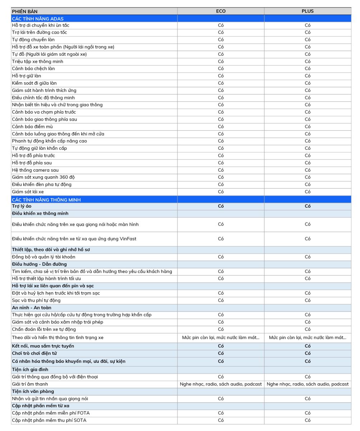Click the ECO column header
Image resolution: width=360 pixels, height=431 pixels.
pos(221,11)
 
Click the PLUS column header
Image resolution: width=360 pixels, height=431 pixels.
pos(308,11)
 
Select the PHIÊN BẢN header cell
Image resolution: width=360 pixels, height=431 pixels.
pos(24,11)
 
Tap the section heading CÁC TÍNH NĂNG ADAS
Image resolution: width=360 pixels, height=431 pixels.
pos(38,18)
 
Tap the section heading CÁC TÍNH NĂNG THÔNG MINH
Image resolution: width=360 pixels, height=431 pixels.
pos(46,199)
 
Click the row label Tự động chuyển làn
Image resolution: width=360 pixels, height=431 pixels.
pos(33,40)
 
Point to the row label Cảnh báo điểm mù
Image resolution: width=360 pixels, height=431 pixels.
pos(32,126)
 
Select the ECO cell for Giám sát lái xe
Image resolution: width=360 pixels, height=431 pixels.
pos(221,192)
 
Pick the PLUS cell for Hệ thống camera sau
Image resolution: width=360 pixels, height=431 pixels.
pos(308,170)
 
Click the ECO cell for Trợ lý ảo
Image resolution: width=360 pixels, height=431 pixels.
pos(221,206)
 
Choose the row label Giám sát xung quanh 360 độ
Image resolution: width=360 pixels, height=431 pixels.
pos(43,177)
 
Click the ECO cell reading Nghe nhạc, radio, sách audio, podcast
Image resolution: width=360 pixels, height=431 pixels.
pos(221,384)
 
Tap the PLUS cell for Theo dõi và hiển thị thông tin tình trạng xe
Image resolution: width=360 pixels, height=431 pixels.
pos(308,338)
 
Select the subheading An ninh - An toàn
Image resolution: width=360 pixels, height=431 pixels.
pos(32,307)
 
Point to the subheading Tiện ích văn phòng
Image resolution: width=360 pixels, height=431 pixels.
pos(33,391)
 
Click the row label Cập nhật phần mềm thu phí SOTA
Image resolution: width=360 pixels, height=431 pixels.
pos(49,420)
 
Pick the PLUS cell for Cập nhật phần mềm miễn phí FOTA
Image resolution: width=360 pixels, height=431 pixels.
pos(308,413)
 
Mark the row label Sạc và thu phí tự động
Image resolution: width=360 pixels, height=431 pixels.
pos(36,300)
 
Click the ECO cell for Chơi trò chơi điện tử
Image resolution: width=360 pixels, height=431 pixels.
pos(221,353)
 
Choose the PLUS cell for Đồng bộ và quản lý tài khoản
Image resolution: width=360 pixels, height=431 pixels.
pos(308,257)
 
